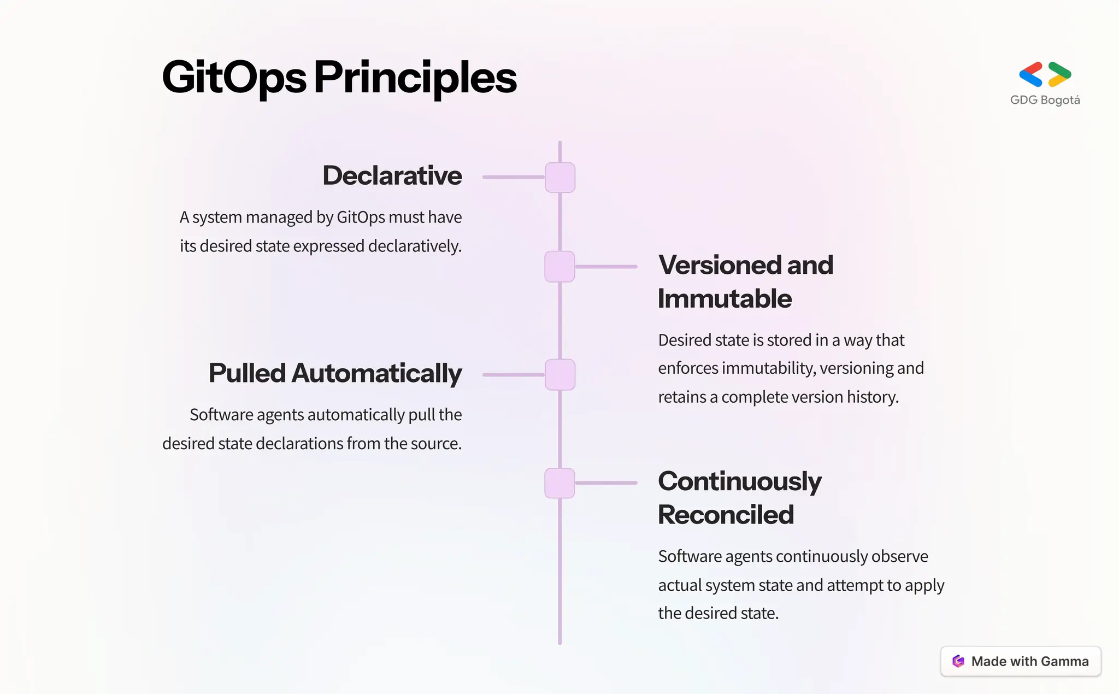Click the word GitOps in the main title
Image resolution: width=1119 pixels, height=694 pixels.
pyautogui.click(x=234, y=78)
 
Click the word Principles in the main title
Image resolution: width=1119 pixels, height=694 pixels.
pyautogui.click(x=415, y=78)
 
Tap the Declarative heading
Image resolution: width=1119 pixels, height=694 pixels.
pyautogui.click(x=392, y=175)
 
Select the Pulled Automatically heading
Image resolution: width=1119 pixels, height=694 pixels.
pyautogui.click(x=335, y=373)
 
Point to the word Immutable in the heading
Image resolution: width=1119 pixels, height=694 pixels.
pyautogui.click(x=725, y=299)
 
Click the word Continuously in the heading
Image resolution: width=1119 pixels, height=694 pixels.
pyautogui.click(x=739, y=481)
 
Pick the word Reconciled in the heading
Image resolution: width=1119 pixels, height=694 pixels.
pyautogui.click(x=726, y=515)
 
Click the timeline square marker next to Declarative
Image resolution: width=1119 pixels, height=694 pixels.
pyautogui.click(x=560, y=177)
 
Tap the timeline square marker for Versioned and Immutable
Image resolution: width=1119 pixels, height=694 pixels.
pyautogui.click(x=560, y=267)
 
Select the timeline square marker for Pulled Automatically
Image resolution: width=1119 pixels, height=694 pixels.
pyautogui.click(x=560, y=375)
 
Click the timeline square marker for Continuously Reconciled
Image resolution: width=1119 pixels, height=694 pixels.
pyautogui.click(x=560, y=483)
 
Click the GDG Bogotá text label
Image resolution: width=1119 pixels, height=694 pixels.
pyautogui.click(x=1045, y=100)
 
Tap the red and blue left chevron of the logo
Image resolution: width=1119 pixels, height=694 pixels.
pyautogui.click(x=1031, y=74)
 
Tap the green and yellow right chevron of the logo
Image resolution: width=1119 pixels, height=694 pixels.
pyautogui.click(x=1059, y=74)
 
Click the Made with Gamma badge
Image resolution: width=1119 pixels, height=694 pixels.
pyautogui.click(x=1020, y=661)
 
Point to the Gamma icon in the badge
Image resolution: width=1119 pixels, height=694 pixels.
pyautogui.click(x=958, y=661)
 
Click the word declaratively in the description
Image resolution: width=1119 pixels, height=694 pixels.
pyautogui.click(x=415, y=246)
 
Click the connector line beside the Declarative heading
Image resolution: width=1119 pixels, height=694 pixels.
pyautogui.click(x=514, y=177)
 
